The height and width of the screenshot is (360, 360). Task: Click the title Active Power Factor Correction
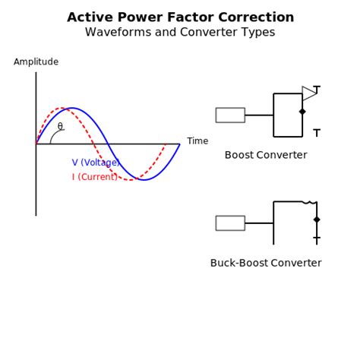[180, 17]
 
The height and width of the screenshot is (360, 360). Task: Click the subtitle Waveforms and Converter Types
[180, 33]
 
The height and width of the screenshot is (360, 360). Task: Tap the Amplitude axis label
[36, 62]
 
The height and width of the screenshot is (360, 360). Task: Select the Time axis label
[197, 141]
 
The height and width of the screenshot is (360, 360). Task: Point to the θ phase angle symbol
[60, 127]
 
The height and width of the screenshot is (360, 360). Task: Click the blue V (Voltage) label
[96, 163]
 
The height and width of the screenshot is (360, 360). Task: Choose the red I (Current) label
[95, 177]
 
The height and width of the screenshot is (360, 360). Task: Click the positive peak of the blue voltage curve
[72, 108]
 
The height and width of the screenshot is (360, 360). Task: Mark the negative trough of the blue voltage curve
[144, 180]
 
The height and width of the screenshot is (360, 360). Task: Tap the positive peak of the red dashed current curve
[64, 109]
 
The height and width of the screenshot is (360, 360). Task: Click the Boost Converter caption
[266, 155]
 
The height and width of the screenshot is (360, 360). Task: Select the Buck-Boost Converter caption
[266, 263]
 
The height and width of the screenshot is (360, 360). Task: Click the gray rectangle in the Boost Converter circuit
[230, 115]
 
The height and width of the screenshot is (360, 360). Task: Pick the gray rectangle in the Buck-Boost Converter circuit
[230, 223]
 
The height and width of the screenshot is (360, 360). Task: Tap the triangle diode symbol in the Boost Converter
[309, 93]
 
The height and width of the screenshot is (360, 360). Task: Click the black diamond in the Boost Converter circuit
[302, 112]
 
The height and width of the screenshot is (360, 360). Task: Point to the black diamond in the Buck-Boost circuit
[317, 219]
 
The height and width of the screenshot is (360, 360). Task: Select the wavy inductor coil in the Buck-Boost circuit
[308, 202]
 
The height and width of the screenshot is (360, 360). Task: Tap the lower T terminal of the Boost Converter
[317, 133]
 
